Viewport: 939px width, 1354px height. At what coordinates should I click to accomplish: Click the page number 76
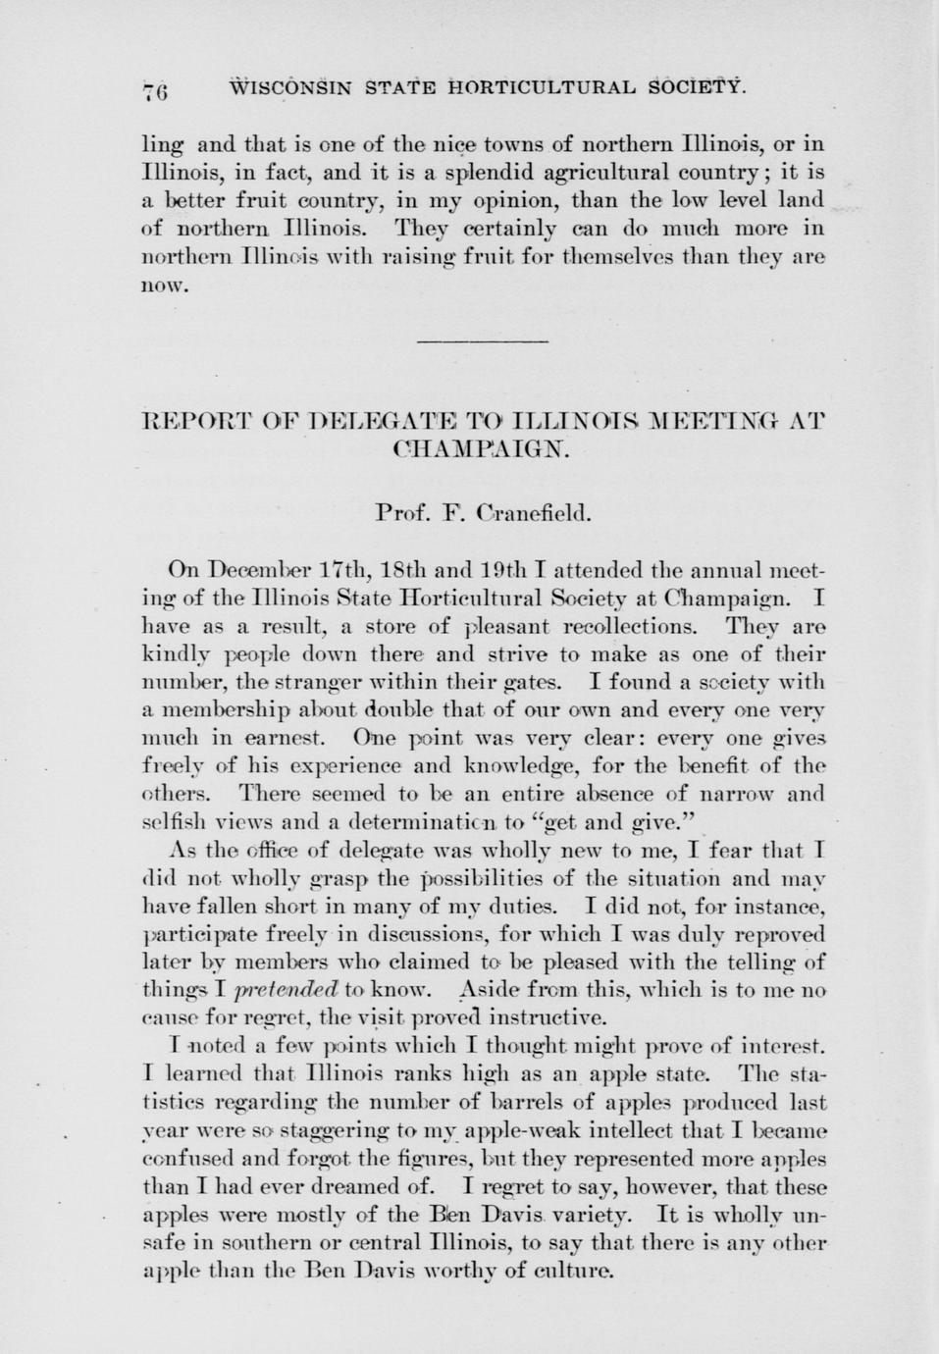point(157,92)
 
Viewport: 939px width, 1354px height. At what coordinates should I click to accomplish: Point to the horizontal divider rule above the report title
point(482,341)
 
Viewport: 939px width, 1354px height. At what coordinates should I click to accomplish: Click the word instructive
point(557,1015)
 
